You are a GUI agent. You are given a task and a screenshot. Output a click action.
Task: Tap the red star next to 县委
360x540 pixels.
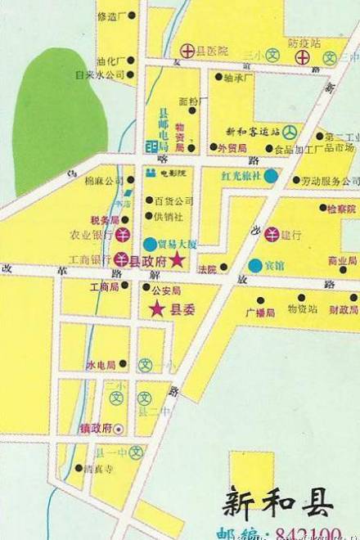point(156,308)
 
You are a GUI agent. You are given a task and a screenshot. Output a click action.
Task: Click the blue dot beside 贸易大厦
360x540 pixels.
point(148,243)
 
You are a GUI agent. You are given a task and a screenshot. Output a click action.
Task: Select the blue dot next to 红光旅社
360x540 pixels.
point(270,175)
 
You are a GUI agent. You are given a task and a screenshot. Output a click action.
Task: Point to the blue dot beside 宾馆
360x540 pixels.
point(254,265)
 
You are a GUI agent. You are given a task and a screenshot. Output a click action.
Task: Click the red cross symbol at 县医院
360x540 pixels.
point(187,51)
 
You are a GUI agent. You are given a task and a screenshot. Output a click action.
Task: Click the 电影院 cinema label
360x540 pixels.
point(173,174)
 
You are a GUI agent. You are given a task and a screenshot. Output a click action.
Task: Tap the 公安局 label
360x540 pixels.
point(166,290)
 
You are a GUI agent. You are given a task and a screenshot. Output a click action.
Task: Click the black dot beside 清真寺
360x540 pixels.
point(79,469)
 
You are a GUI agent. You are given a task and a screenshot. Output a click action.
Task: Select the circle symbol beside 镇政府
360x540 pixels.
point(117,427)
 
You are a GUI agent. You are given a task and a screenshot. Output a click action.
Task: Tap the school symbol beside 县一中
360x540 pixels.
point(136,452)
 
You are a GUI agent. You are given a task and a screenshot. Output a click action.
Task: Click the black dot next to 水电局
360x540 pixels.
point(122,364)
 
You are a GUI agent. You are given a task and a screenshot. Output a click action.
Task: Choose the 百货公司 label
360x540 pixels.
point(173,200)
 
